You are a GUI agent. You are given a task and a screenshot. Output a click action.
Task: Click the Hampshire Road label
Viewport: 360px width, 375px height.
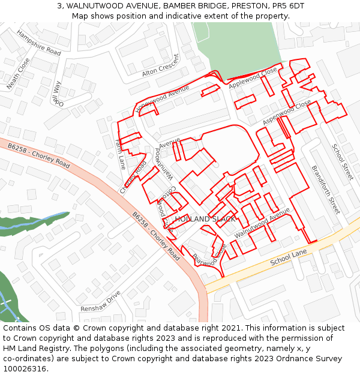pyautogui.click(x=39, y=43)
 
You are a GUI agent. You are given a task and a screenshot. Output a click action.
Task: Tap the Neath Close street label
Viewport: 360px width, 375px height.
pyautogui.click(x=18, y=74)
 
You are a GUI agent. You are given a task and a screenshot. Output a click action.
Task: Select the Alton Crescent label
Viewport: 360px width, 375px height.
pyautogui.click(x=160, y=66)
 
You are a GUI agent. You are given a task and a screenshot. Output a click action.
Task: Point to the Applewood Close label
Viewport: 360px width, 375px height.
pyautogui.click(x=253, y=79)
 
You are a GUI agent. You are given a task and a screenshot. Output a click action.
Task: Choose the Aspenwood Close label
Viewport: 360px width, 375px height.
pyautogui.click(x=287, y=113)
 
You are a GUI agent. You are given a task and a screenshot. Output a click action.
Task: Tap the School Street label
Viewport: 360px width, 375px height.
pyautogui.click(x=343, y=161)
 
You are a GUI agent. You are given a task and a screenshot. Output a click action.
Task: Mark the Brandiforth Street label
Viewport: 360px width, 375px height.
pyautogui.click(x=326, y=190)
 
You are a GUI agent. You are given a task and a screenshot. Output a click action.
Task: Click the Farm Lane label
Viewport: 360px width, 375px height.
pyautogui.click(x=120, y=154)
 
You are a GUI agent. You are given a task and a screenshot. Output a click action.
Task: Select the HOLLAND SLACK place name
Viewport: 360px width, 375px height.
pyautogui.click(x=205, y=219)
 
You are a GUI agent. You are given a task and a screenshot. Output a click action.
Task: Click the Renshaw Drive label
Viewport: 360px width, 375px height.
pyautogui.click(x=100, y=301)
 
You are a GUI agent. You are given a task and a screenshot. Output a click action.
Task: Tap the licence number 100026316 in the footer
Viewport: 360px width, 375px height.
pyautogui.click(x=25, y=369)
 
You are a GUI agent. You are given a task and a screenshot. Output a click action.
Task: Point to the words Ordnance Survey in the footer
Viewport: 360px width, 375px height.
pyautogui.click(x=312, y=359)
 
